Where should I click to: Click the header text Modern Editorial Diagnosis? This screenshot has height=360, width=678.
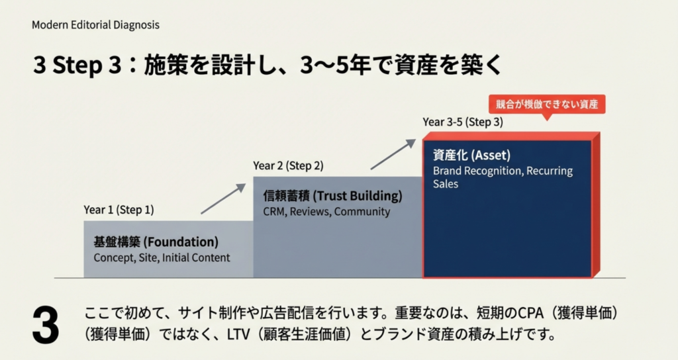[x=95, y=25]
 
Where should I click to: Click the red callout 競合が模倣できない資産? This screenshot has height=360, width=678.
[x=547, y=105]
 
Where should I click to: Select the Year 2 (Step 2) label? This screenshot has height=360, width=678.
[x=288, y=165]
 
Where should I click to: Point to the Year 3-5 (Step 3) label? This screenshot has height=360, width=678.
[x=463, y=122]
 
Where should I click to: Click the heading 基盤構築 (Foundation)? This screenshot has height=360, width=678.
[x=156, y=242]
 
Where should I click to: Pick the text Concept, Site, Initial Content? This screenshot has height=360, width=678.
[x=162, y=257]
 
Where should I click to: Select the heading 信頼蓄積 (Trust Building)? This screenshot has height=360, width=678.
[x=332, y=197]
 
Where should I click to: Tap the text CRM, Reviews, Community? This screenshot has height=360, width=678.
[x=326, y=212]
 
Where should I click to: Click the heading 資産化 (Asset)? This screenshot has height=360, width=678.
[x=472, y=156]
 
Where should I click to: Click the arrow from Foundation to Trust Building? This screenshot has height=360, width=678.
[x=222, y=199]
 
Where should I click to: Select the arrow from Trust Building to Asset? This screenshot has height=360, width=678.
[x=393, y=154]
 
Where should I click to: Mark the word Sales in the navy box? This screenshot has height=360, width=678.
[x=446, y=184]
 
